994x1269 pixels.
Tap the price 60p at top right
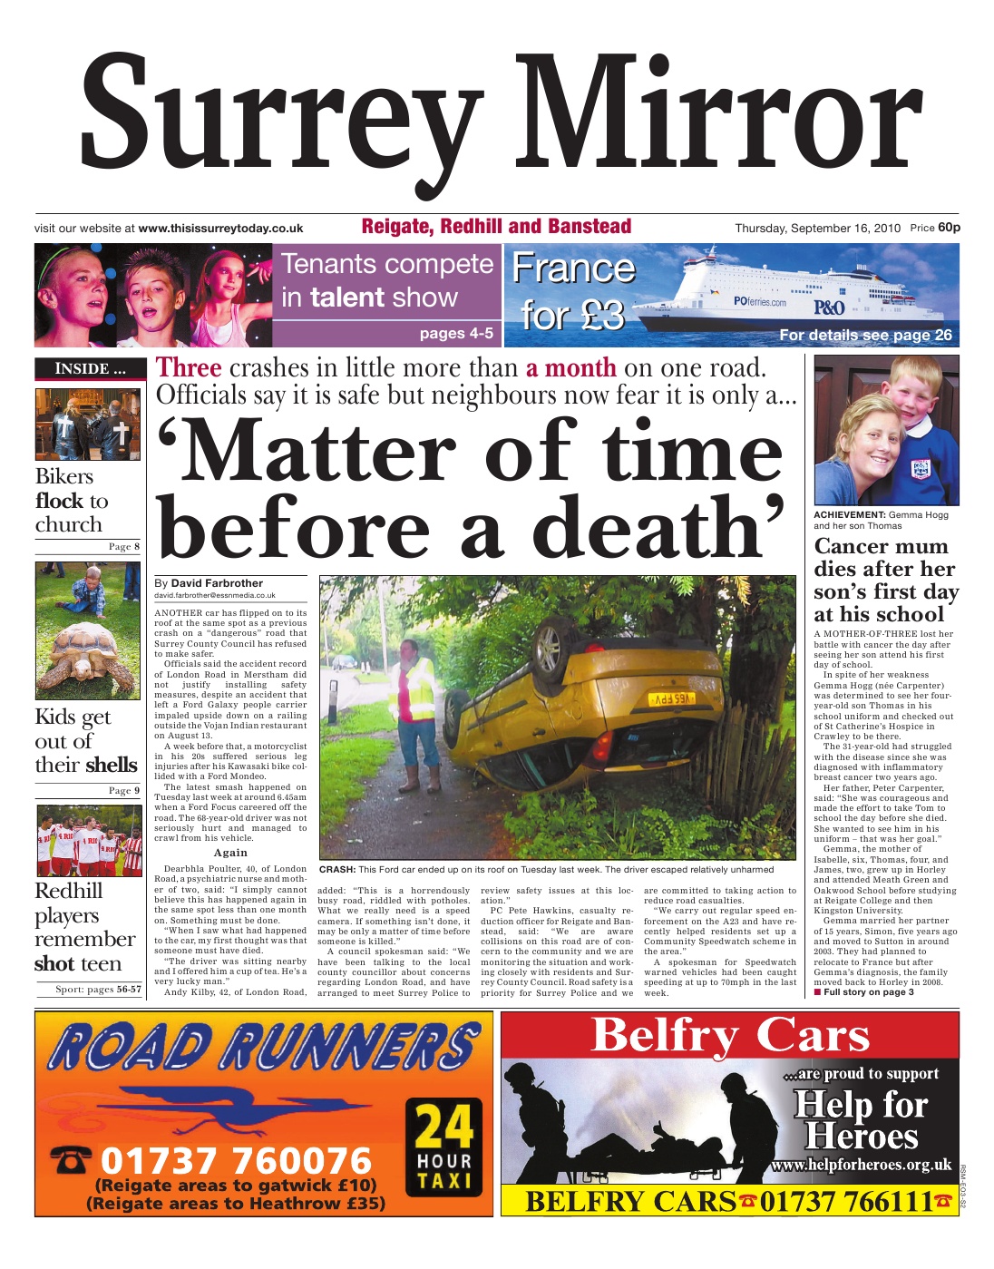949,228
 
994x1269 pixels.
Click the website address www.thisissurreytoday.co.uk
220,229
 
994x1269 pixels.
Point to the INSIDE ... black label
90,368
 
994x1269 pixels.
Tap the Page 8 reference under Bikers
124,547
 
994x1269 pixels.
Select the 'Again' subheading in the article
230,853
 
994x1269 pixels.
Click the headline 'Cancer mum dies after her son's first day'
885,580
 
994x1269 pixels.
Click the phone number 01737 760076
236,1160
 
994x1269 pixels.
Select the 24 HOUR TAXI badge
444,1146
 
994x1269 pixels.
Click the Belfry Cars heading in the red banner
730,1035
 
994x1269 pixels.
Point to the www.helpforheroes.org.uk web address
861,1165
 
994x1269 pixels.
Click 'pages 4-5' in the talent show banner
456,334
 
